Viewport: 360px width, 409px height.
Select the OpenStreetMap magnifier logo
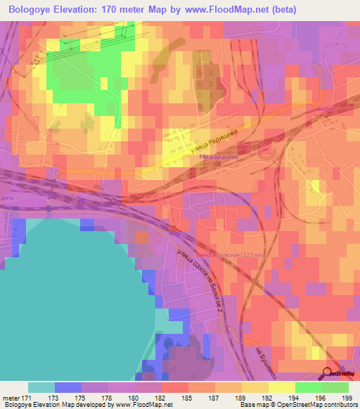pos(328,372)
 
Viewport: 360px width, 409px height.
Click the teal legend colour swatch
pos(41,387)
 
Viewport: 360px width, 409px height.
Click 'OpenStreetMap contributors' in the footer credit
pos(320,405)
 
